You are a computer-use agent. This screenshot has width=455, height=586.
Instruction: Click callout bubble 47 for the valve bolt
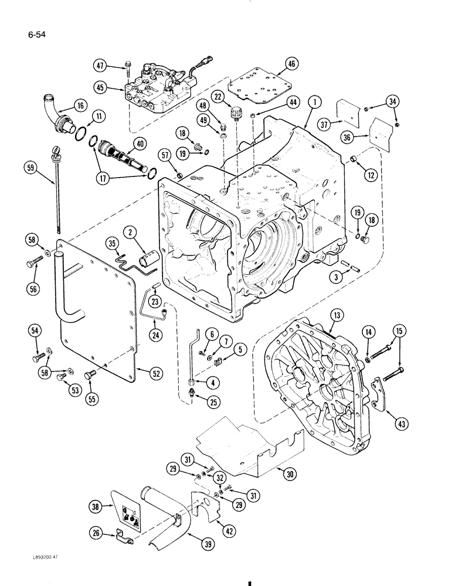coord(103,66)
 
